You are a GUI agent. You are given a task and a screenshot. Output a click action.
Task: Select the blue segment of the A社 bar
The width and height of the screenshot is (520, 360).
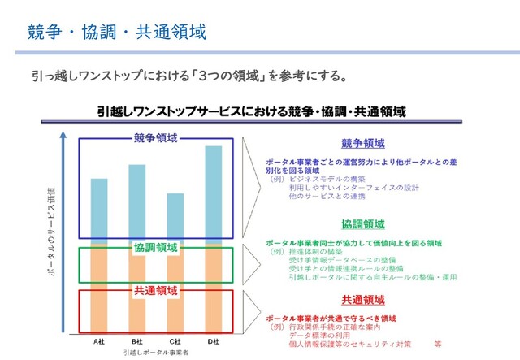coord(99,208)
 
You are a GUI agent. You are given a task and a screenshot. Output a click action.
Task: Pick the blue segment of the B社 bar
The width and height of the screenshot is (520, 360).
coord(136,202)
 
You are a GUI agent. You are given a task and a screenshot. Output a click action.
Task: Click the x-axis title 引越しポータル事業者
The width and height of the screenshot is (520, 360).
coord(155,353)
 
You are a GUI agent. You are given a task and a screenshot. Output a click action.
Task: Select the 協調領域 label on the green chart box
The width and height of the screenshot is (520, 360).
coord(156,247)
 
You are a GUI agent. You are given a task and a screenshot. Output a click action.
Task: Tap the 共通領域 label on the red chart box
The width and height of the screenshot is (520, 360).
coord(156,290)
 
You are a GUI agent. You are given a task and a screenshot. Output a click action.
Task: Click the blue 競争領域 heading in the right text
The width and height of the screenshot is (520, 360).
coord(363,143)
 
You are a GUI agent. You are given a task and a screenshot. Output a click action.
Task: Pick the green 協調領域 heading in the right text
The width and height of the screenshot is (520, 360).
coord(363,224)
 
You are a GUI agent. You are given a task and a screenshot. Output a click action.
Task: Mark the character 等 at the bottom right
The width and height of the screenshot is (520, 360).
coord(438,343)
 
